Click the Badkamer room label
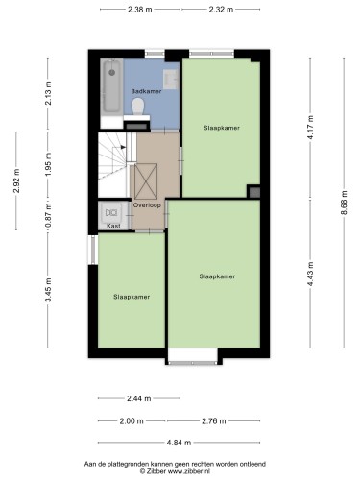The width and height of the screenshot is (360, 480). point(146,91)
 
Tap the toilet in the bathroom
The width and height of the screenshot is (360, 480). point(138,107)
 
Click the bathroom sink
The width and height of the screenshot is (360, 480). point(171,79)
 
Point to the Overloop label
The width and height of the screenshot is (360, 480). point(147,205)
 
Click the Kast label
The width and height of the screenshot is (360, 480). point(113,226)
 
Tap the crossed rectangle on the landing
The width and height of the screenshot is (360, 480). point(146,181)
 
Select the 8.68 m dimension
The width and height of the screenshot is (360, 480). point(344,203)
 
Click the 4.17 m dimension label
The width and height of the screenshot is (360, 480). point(310,128)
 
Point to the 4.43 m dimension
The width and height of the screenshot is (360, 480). point(310,275)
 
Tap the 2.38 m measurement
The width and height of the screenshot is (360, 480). point(140,10)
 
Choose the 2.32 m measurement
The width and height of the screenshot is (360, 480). point(221,10)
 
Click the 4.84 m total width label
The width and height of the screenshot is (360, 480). point(179,443)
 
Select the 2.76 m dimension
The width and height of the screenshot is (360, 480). point(214,420)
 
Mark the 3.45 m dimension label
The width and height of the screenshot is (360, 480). point(48,290)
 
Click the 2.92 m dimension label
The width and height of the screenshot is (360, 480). point(16,180)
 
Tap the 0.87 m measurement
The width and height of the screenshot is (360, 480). point(48,215)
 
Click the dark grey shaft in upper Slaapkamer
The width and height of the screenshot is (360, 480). point(254,192)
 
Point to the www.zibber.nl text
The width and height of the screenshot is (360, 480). point(189,471)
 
